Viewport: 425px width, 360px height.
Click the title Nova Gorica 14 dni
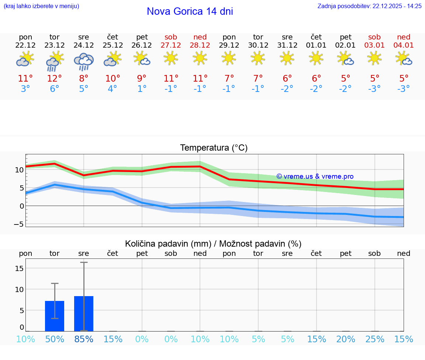click(x=190, y=11)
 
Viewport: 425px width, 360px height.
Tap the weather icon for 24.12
click(x=84, y=61)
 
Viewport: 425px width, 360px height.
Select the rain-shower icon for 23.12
click(x=55, y=61)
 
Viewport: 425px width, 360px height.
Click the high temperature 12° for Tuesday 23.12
click(x=55, y=79)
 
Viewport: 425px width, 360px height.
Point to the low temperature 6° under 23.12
click(x=55, y=89)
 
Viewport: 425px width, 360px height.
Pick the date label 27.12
click(x=171, y=45)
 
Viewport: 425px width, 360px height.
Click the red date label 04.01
click(x=404, y=45)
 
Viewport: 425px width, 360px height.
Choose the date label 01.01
click(x=316, y=45)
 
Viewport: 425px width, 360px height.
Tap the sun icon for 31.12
click(x=287, y=58)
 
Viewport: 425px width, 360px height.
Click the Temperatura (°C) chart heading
click(x=214, y=148)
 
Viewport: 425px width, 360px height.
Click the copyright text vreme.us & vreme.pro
click(x=315, y=176)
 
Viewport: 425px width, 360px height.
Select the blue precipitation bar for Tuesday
click(x=55, y=316)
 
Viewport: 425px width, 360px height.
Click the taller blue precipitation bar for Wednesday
click(x=84, y=313)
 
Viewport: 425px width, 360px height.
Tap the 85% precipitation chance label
click(x=84, y=339)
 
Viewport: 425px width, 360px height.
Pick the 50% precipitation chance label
click(x=55, y=339)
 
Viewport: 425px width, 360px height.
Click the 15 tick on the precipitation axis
click(x=19, y=268)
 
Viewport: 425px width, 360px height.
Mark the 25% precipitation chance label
click(x=374, y=339)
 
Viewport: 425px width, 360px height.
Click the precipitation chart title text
click(x=213, y=244)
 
